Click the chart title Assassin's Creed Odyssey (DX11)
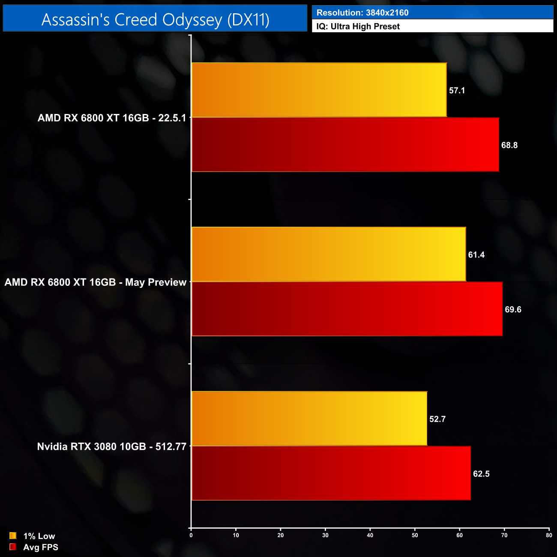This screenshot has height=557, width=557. point(155,19)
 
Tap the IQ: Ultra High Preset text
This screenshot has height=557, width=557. point(358,27)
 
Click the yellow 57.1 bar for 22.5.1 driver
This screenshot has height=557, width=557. point(319,90)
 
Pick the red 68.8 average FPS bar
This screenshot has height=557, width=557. point(345,145)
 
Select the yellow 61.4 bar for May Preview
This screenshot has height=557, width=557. point(329,255)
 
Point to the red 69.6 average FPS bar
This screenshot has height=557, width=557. point(347,309)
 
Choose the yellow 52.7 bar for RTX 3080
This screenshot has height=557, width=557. point(309,419)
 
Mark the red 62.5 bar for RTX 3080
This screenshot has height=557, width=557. point(331,473)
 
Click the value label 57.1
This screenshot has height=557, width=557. point(457,90)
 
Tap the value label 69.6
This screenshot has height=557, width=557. point(513,309)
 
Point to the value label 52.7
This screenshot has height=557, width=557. point(437,419)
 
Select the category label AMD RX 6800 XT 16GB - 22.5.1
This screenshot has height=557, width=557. point(112,118)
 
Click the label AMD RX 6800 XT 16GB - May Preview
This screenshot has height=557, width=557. point(96,282)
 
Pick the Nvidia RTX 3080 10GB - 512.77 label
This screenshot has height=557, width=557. point(112,446)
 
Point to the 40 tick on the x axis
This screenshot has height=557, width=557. point(370,535)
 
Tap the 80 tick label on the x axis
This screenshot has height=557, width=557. point(549,535)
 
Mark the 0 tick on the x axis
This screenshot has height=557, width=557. point(191,535)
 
